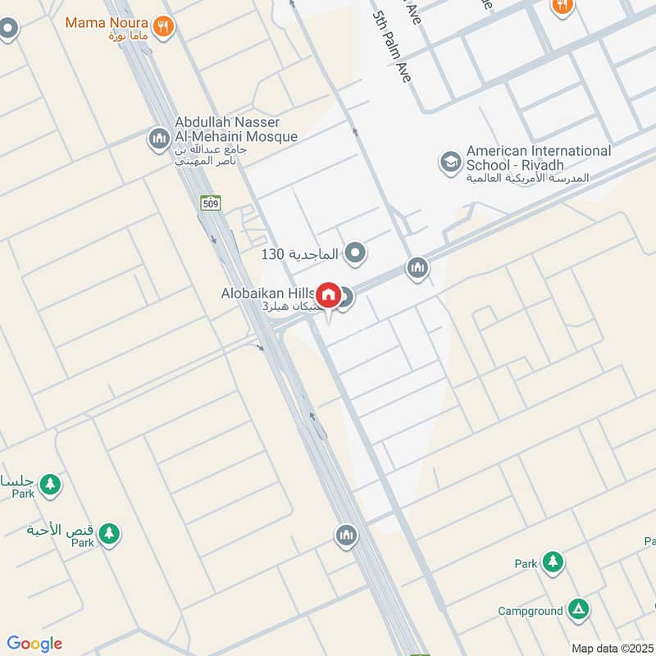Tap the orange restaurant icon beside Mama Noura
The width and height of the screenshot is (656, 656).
(164, 26)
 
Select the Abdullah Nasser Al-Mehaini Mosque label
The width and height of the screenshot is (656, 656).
(235, 130)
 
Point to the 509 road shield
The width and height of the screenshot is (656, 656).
(211, 203)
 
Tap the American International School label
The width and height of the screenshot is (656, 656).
(539, 158)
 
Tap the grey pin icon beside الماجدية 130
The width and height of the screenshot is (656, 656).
(355, 253)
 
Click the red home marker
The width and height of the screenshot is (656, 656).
(329, 295)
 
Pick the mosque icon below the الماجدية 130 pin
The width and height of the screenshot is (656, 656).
(417, 267)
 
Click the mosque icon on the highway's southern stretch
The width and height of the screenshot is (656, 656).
(346, 536)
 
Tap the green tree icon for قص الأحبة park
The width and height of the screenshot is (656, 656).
(108, 534)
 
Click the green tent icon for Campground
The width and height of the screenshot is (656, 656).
(579, 608)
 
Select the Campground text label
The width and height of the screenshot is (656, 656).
(530, 611)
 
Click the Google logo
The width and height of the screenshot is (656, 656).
(34, 644)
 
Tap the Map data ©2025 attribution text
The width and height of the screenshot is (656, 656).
(611, 648)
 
